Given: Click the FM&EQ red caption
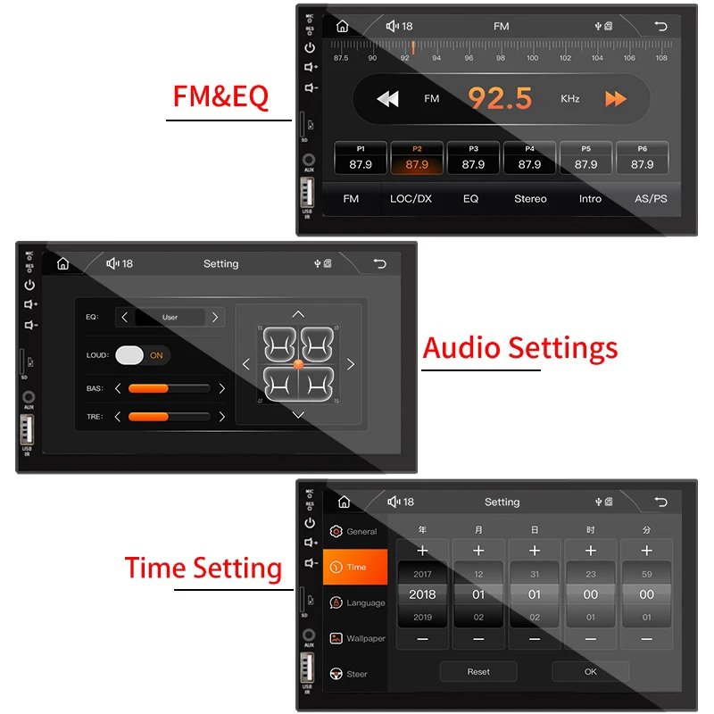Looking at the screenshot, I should click(220, 96).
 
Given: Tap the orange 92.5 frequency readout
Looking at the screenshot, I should click(500, 98).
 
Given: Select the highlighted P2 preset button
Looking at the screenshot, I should click(417, 158).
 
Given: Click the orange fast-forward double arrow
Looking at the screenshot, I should click(616, 99).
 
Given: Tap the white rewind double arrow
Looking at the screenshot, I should click(387, 99).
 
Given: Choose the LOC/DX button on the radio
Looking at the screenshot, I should click(411, 198).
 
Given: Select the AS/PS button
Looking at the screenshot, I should click(650, 198).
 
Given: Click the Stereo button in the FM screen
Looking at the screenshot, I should click(530, 198).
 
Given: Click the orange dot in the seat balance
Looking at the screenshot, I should click(298, 364).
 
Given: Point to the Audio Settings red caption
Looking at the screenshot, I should click(519, 348).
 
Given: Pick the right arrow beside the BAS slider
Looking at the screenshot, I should click(221, 388).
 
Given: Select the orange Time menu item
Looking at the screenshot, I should click(355, 567).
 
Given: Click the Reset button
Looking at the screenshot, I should click(478, 672).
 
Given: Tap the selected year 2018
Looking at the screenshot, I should click(422, 594).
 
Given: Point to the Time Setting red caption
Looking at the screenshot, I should click(203, 569).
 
